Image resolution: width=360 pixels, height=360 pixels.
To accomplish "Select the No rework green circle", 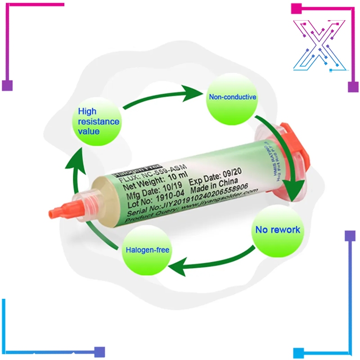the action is point(277,229).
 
